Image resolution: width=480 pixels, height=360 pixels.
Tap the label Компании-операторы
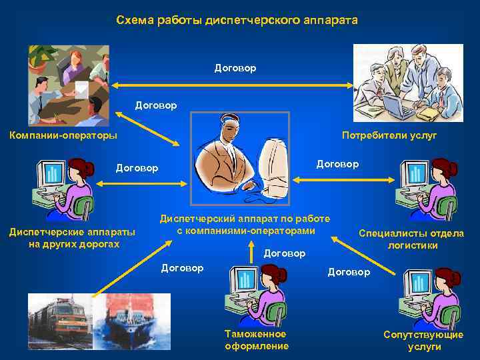pyautogui.click(x=63, y=135)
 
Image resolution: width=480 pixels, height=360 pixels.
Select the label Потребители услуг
pyautogui.click(x=389, y=135)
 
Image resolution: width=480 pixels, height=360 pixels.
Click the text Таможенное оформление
pyautogui.click(x=256, y=339)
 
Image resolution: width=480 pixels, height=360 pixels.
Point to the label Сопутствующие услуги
pyautogui.click(x=423, y=340)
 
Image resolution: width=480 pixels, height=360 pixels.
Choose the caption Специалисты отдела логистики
pyautogui.click(x=411, y=239)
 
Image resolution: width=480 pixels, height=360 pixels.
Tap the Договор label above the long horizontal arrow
pyautogui.click(x=235, y=68)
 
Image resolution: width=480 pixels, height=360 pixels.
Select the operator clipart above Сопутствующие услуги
pyautogui.click(x=426, y=297)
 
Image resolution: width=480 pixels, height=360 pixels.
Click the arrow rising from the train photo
pyautogui.click(x=127, y=267)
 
